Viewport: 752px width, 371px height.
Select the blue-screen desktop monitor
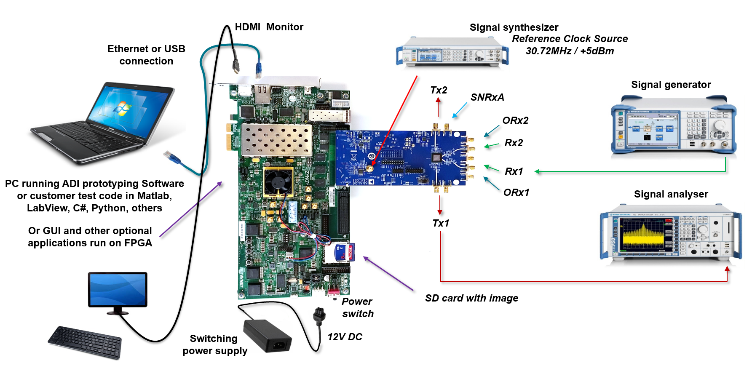[x=118, y=290]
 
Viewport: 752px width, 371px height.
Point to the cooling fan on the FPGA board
[x=278, y=182]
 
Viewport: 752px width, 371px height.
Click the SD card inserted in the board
[x=343, y=252]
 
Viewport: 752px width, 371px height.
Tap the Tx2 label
[x=439, y=90]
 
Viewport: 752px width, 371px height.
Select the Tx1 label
[x=441, y=223]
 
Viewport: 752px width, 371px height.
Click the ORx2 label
[x=515, y=120]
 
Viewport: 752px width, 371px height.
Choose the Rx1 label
[x=514, y=171]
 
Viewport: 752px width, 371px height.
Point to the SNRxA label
[x=487, y=97]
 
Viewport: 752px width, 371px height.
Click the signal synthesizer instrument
[x=452, y=51]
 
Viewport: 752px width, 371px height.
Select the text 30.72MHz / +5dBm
[x=570, y=51]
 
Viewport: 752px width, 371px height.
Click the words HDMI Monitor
[x=269, y=27]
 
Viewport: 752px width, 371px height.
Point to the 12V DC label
[x=345, y=337]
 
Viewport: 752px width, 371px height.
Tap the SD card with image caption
[x=471, y=298]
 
